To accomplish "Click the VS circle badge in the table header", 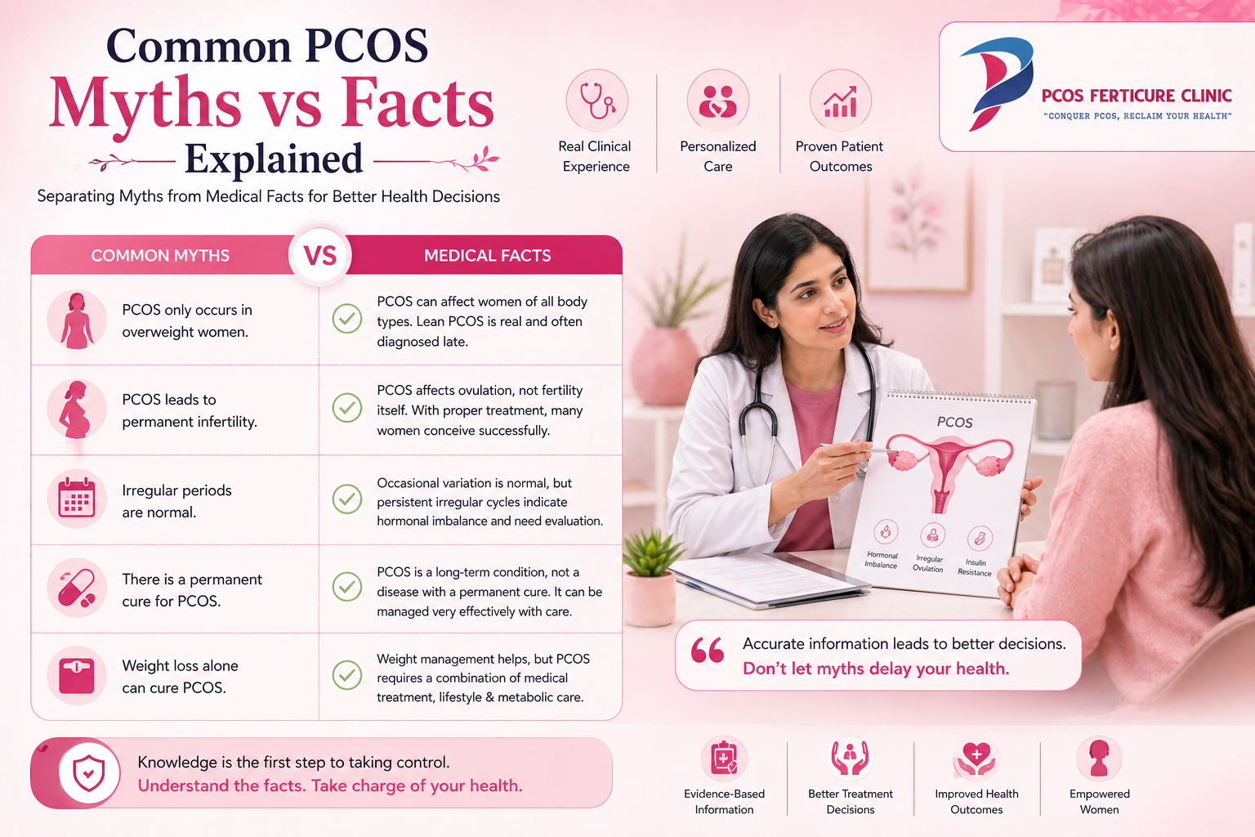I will pos(320,256).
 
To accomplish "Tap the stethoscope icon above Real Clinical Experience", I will pos(597,101).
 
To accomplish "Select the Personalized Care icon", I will pos(717,101).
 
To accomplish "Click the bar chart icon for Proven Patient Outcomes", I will pos(840,101).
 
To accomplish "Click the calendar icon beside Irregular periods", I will pos(77,498).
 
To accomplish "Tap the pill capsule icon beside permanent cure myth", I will pos(77,588).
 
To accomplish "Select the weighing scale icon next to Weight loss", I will pos(77,676).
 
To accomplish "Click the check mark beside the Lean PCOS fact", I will pos(347,319).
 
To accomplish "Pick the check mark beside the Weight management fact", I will pos(347,675).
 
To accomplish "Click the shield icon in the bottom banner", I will pos(89,773).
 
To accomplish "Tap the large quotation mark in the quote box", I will pos(708,651).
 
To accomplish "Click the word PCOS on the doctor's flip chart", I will pos(954,423).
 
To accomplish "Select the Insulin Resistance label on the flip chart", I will pos(975,567).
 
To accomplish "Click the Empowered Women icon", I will pos(1099,759).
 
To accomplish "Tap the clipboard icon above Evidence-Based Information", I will pos(724,759).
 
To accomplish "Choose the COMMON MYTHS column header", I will pos(160,256).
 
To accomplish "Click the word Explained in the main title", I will pos(274,159).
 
